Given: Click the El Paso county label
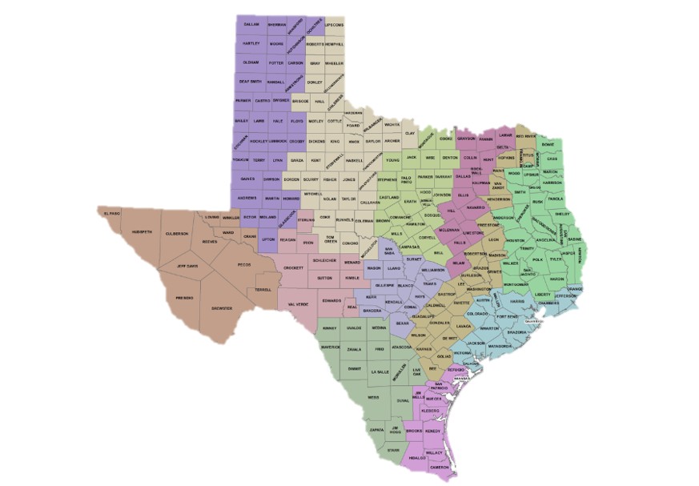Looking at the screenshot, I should coord(110,212).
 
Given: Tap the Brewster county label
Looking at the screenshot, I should coord(222,308).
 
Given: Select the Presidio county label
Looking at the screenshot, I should coord(185,297).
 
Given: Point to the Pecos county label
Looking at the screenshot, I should coord(244,263).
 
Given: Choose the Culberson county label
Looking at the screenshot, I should coord(176,233).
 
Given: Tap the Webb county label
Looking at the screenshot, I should coord(373,396).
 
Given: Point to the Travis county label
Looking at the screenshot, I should coord(429,283).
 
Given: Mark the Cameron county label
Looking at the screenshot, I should coord(440,467).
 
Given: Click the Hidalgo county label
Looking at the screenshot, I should coord(416,457).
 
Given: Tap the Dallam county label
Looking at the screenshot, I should coord(251,25).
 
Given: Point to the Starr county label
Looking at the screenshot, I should coord(392,450).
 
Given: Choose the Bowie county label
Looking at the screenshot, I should coord(548,144).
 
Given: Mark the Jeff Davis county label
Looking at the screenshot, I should coord(187,267).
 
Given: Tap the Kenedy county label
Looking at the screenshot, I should coord(433,431).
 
